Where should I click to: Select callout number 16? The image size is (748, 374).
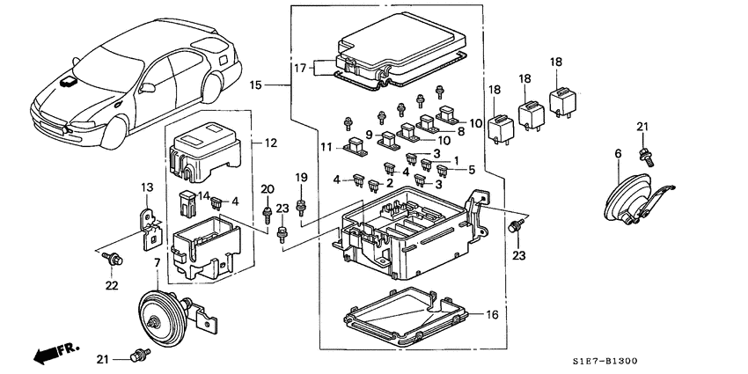491,313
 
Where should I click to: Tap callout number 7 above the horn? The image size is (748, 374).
158,264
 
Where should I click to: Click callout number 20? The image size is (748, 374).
268,188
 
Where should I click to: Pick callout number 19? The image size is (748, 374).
301,179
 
